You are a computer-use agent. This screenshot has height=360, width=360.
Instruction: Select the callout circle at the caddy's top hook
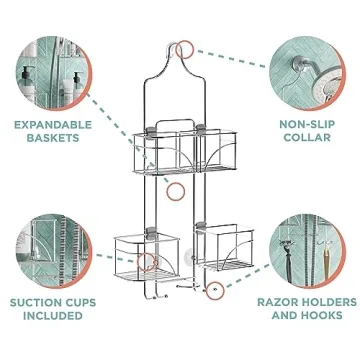184,49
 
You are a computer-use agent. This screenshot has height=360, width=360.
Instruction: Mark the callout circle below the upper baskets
176,190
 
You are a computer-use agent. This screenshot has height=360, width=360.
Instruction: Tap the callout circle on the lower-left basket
146,263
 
